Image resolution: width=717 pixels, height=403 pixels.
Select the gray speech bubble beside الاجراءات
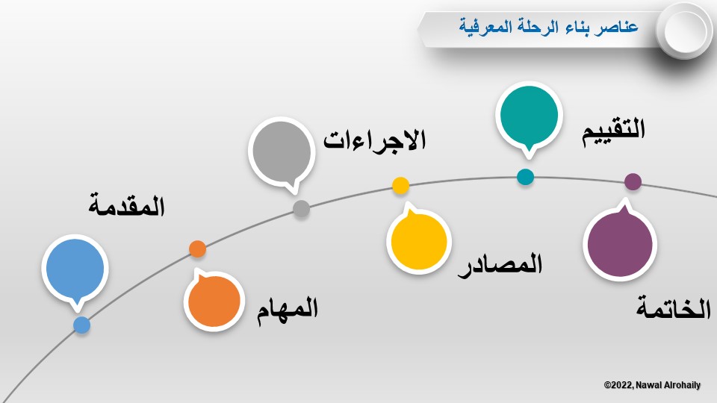(282, 152)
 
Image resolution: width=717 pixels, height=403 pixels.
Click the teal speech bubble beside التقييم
(529, 116)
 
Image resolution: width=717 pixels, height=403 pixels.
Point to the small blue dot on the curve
(82, 325)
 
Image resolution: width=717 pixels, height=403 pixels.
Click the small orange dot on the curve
(197, 249)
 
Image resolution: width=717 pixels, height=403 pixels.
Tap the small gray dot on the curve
(301, 209)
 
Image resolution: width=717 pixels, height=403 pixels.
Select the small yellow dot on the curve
(400, 186)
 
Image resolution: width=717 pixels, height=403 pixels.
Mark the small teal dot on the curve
(525, 177)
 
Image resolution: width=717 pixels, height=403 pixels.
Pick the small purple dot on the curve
(633, 181)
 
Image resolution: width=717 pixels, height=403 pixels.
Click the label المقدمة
(126, 206)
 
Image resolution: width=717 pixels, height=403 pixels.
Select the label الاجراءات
(375, 140)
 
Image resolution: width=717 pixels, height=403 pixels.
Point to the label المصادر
(500, 265)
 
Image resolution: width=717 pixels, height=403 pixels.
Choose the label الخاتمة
(674, 308)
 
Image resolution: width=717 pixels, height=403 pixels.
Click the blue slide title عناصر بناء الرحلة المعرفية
(548, 27)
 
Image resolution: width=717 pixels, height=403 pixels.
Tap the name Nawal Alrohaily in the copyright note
(668, 385)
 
